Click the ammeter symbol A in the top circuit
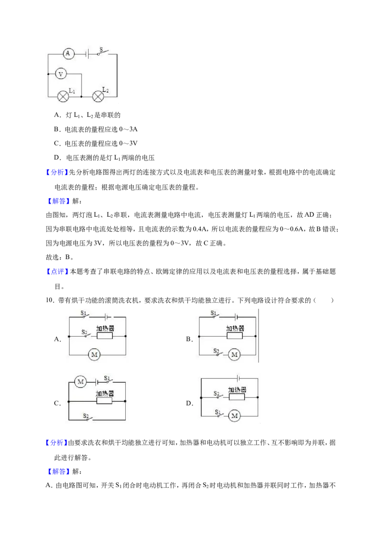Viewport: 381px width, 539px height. coord(68,54)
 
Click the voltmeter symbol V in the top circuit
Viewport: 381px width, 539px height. coord(61,74)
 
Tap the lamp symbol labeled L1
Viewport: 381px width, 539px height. coord(63,97)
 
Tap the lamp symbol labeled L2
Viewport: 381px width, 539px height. coord(98,97)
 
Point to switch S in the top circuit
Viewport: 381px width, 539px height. coord(103,52)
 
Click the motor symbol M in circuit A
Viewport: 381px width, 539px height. coord(94,355)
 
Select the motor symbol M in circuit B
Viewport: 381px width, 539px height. coord(234,355)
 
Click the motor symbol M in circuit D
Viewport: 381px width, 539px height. coord(234,416)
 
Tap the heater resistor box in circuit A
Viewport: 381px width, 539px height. coord(104,336)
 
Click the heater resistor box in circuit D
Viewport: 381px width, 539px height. coord(237,397)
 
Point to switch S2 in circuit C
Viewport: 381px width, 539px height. coord(88,418)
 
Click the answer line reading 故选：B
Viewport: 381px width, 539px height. coord(60,257)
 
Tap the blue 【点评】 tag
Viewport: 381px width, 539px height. coord(57,271)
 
